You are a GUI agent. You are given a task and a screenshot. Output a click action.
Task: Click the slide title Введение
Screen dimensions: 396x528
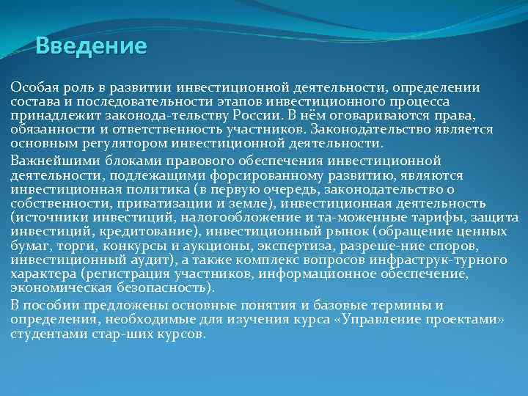(x=92, y=47)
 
